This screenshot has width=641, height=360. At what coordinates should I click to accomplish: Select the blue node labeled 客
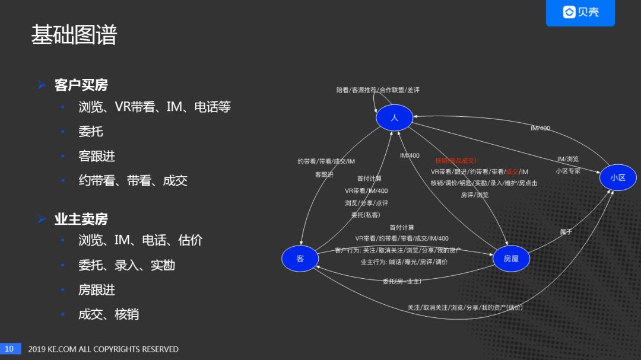(300, 259)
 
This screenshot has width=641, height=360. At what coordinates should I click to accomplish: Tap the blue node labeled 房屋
(511, 259)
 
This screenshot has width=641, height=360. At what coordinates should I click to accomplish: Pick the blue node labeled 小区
(618, 177)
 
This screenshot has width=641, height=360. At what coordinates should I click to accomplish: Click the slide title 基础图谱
(74, 36)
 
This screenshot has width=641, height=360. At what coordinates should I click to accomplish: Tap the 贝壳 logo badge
(580, 12)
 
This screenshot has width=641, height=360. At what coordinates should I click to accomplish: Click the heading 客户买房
(81, 85)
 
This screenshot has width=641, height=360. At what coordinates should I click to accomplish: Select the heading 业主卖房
(81, 219)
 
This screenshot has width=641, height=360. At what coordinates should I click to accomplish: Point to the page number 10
(9, 349)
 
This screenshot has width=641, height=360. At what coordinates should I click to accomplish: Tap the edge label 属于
(566, 232)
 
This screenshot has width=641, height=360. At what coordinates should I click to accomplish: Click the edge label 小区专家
(568, 171)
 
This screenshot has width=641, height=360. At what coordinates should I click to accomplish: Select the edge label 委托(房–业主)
(402, 281)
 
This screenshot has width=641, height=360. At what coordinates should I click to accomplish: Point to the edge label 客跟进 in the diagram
(324, 175)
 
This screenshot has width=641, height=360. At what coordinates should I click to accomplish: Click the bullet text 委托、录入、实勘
(126, 265)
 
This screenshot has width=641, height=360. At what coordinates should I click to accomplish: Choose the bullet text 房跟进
(97, 290)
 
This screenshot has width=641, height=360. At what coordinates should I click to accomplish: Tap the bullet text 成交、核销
(109, 314)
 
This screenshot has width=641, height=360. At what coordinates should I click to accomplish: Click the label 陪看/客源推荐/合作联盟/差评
(378, 90)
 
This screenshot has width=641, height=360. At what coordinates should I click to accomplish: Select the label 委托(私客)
(366, 215)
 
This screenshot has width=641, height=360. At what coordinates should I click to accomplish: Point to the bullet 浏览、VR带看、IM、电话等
(154, 107)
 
